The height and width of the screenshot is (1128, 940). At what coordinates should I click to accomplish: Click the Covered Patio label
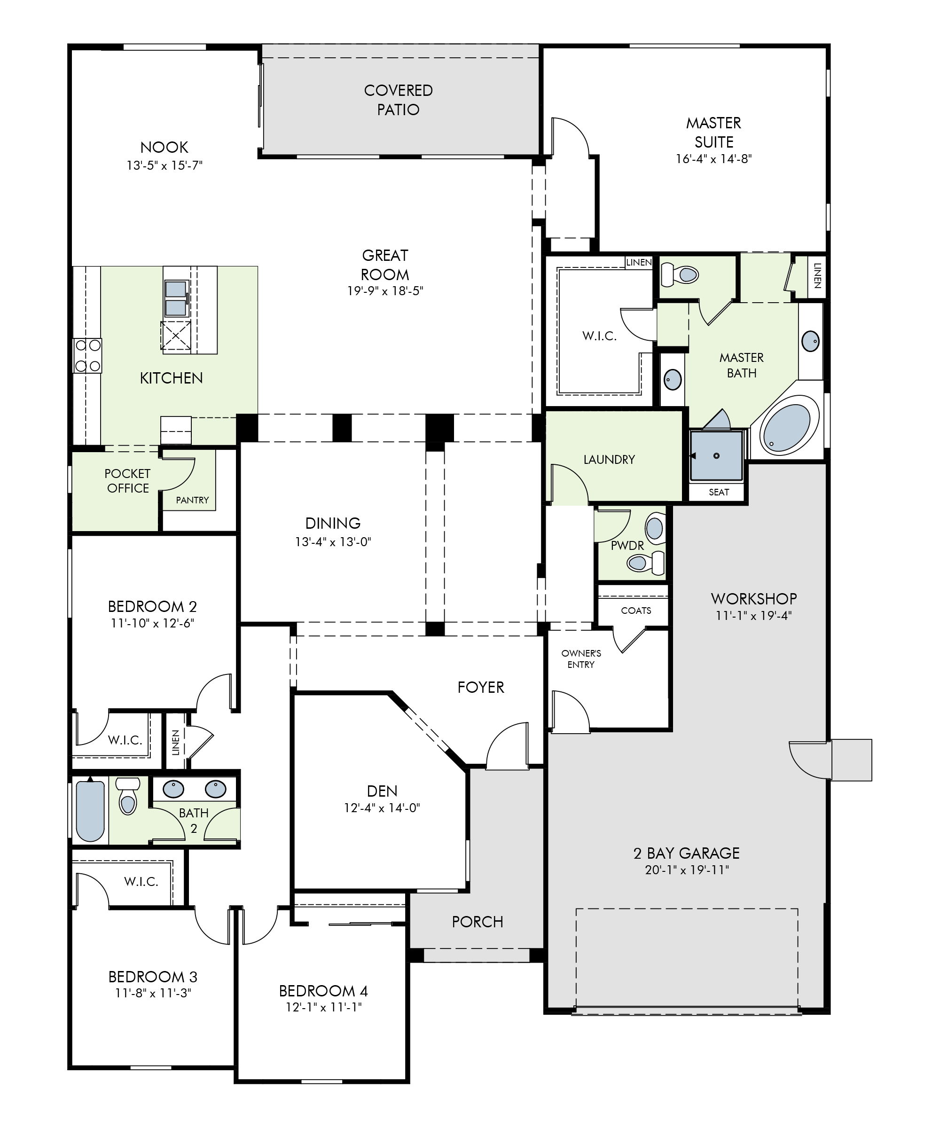coord(398,100)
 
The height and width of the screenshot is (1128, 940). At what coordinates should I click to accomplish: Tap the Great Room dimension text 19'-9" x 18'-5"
coord(385,291)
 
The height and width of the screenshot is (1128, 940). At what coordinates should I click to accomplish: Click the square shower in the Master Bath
coord(717,455)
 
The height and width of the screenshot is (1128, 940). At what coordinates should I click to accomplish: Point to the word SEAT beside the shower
coord(719,492)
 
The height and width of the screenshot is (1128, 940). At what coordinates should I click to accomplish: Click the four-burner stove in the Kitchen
coord(87,355)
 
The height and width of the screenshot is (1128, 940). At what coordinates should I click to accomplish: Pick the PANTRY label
coord(192,500)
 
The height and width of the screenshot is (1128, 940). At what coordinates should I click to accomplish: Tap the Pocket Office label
coord(127,481)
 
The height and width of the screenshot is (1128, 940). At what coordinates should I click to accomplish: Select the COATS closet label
coord(636,611)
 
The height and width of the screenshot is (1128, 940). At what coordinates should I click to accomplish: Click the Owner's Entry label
coord(581,659)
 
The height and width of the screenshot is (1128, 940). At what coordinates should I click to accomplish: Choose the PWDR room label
coord(627,546)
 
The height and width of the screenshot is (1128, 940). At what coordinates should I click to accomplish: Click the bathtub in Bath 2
coord(90,811)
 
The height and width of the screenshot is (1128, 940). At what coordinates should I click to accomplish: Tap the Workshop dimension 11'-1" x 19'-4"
coord(753,616)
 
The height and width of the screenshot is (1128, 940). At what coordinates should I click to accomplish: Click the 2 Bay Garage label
coord(687,853)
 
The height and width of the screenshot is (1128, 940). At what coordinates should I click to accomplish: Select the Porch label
coord(478,922)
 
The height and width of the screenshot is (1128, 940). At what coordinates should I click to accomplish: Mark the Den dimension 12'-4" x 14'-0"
coord(382,808)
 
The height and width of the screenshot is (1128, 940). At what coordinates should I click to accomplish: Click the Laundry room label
coord(609,460)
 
